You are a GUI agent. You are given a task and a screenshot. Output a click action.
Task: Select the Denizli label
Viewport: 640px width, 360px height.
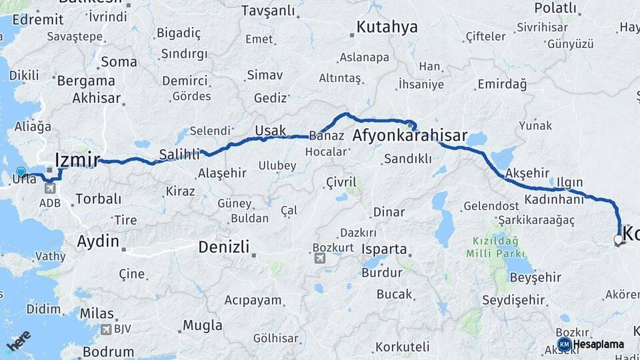tap(223, 247)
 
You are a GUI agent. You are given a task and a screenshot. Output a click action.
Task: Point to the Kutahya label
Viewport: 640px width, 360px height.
tap(387, 27)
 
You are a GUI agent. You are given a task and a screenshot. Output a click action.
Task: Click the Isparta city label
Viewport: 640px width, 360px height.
tap(384, 249)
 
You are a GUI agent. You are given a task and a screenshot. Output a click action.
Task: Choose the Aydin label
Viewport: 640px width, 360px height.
tap(98, 241)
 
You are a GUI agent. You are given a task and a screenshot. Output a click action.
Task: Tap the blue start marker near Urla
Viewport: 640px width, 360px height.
tap(21, 172)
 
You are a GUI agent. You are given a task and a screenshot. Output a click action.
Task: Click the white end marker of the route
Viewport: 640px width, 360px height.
tap(619, 239)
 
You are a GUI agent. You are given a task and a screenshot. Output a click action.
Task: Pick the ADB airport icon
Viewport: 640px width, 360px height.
tap(51, 188)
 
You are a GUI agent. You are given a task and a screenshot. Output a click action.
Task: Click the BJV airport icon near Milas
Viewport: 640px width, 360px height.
tap(105, 329)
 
